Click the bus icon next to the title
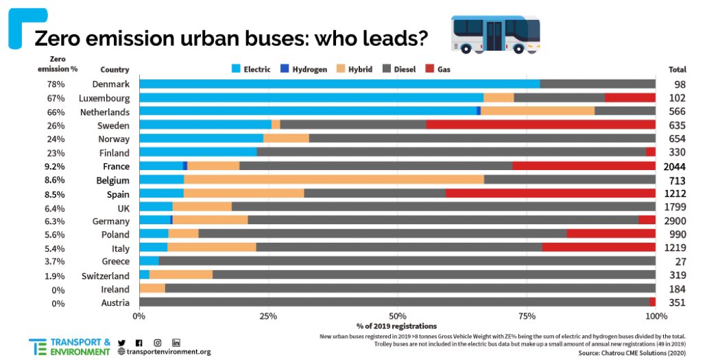coord(495,33)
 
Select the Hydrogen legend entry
coord(304,69)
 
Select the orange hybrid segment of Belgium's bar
coord(334,180)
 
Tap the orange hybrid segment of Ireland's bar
coord(152,289)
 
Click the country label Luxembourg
coord(104,98)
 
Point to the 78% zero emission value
coord(56,84)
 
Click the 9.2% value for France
coord(55,167)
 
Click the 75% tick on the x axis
coord(527,315)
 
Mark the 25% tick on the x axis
coord(268,315)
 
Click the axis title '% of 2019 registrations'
coord(396,326)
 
